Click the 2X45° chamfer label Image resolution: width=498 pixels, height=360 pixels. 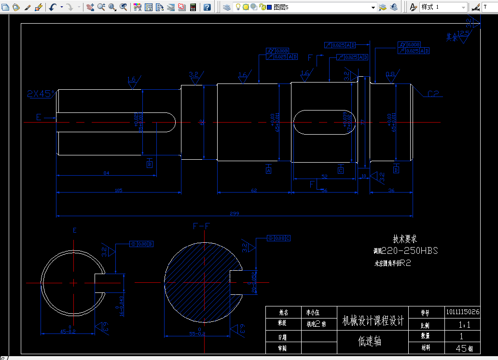pos(41,94)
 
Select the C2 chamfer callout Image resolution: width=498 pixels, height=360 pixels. pos(433,94)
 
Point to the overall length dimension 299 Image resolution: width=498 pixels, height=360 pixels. pos(235,213)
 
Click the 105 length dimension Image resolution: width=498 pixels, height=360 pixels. pos(118,190)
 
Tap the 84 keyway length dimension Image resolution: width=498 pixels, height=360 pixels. pos(106,173)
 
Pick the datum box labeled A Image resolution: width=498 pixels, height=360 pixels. pos(269,170)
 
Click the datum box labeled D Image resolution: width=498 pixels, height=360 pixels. pos(396,170)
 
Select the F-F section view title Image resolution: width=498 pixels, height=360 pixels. pos(201,226)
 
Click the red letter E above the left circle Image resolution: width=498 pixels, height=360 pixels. pos(74,230)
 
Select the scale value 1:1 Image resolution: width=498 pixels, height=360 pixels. pos(462,325)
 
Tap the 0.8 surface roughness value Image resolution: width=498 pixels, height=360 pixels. pos(390,74)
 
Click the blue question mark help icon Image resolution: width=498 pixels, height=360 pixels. pos(207,7)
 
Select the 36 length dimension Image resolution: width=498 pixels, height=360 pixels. pos(391,190)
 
